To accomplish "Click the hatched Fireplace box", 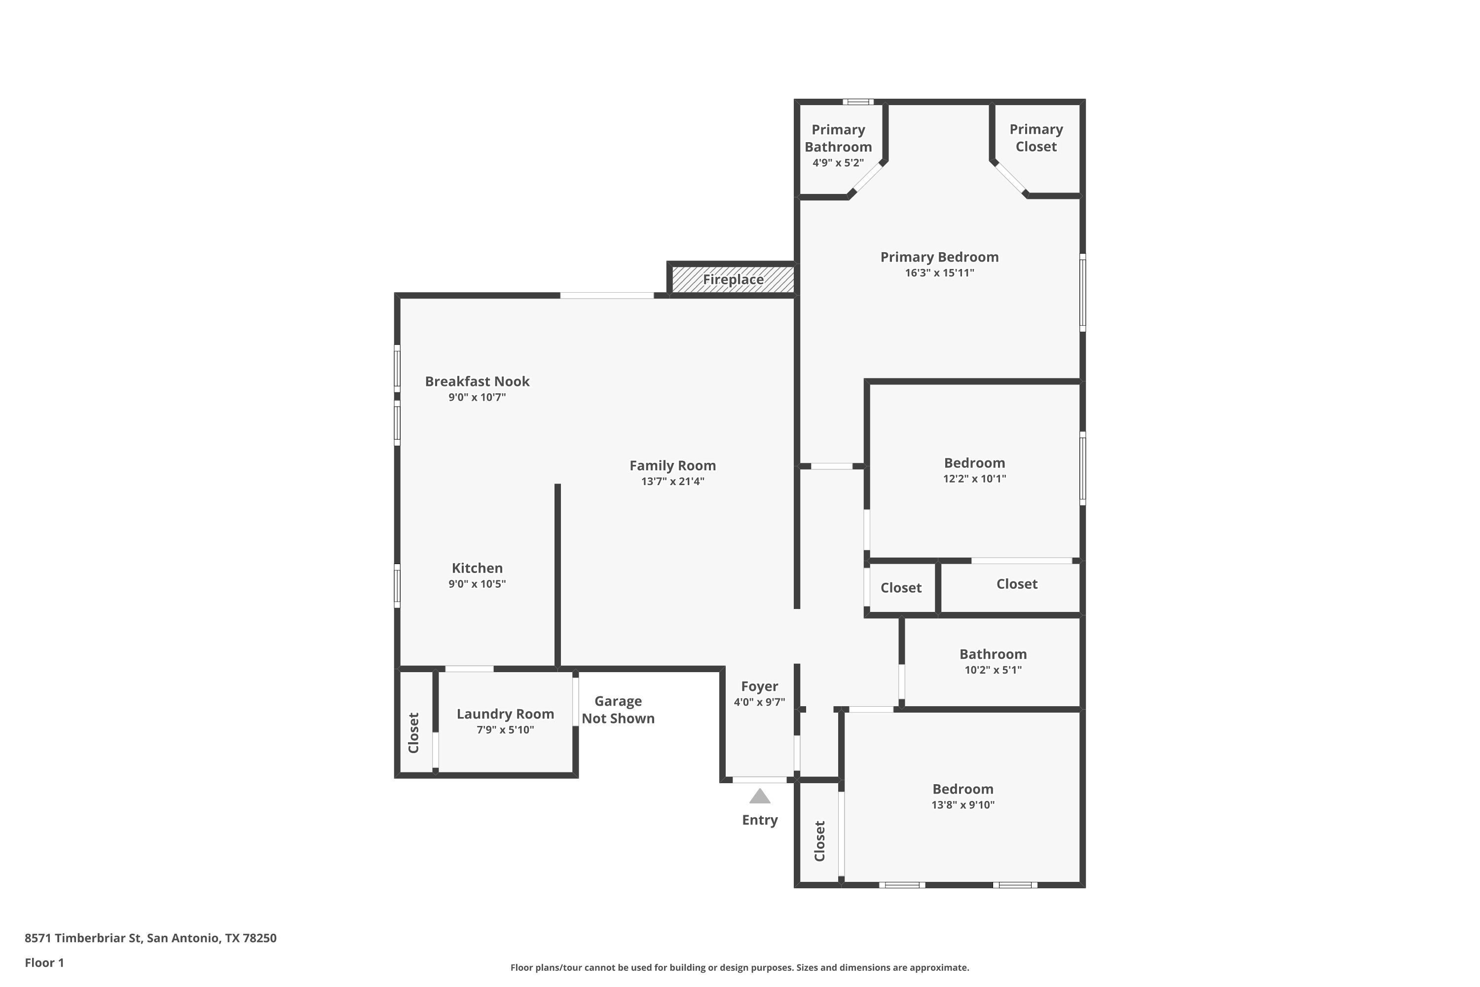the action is (733, 279).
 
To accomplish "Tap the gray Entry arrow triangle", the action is (760, 797).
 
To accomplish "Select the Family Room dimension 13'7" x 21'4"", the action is (673, 482).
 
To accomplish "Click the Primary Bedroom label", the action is (939, 257).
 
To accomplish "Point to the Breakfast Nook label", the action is (477, 381).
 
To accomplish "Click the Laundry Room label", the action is (505, 714).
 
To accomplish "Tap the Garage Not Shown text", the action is (618, 710).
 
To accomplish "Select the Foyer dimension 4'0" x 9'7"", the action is (760, 702).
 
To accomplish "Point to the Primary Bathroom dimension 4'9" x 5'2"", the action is (838, 163).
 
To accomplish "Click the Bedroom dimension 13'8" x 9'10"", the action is (963, 805).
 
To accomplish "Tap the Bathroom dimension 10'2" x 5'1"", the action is (993, 670).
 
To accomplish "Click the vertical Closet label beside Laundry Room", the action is (413, 733).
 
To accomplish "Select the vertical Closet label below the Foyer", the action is (819, 841).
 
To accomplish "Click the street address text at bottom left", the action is (150, 938).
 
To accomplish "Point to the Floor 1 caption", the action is (44, 962).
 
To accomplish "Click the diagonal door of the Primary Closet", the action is (1010, 178).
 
